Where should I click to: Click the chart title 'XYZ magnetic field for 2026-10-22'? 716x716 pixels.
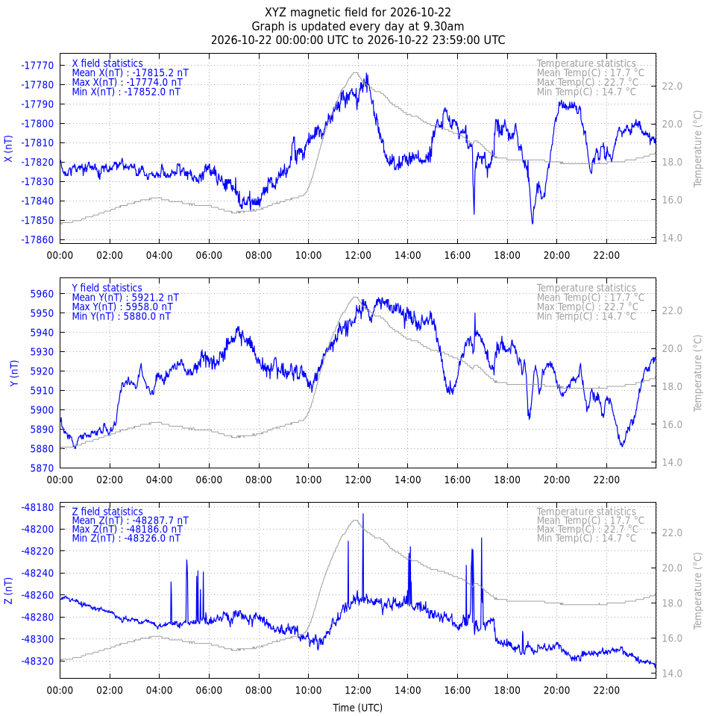(357, 13)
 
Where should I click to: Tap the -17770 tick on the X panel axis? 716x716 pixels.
(37, 66)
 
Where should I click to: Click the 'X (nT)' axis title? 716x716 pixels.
(8, 148)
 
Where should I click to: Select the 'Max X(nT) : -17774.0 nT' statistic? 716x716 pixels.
(127, 82)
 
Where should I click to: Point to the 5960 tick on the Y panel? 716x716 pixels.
(42, 294)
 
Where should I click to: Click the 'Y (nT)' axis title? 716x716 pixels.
(15, 373)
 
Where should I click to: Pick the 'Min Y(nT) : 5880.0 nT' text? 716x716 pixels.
(121, 316)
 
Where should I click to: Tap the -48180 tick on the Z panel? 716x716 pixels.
(37, 507)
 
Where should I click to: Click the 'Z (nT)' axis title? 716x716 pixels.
(8, 591)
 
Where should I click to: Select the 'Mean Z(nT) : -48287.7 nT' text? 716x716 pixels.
(130, 521)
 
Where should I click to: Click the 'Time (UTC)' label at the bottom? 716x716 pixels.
(357, 707)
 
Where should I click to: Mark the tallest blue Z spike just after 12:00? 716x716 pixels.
(363, 514)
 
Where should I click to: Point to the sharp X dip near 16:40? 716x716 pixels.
(474, 213)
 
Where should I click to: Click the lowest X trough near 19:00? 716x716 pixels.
(533, 223)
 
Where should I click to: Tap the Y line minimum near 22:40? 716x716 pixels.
(622, 446)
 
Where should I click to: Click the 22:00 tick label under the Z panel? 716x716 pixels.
(606, 689)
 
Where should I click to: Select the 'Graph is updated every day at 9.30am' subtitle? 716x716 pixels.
(357, 27)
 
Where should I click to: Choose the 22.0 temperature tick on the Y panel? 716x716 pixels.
(672, 310)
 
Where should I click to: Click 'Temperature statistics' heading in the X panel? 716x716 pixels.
(586, 63)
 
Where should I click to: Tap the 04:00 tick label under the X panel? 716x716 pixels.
(160, 255)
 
